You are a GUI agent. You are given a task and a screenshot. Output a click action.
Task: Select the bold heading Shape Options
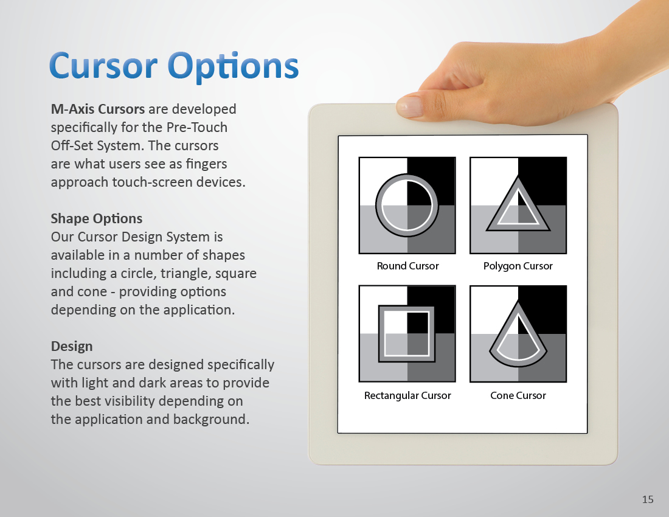[97, 219]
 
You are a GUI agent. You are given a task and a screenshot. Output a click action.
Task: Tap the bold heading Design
[72, 346]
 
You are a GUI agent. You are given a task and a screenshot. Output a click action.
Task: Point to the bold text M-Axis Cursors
[98, 109]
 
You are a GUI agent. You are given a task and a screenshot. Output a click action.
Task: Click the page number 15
[648, 499]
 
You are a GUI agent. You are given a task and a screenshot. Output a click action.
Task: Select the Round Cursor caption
[407, 266]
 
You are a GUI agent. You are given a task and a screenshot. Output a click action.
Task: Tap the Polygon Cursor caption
[518, 266]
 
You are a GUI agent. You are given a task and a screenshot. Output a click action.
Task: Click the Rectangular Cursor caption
[407, 396]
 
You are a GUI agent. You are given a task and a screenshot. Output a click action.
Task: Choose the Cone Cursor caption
[518, 396]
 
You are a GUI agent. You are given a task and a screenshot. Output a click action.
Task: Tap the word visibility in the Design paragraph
[125, 401]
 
